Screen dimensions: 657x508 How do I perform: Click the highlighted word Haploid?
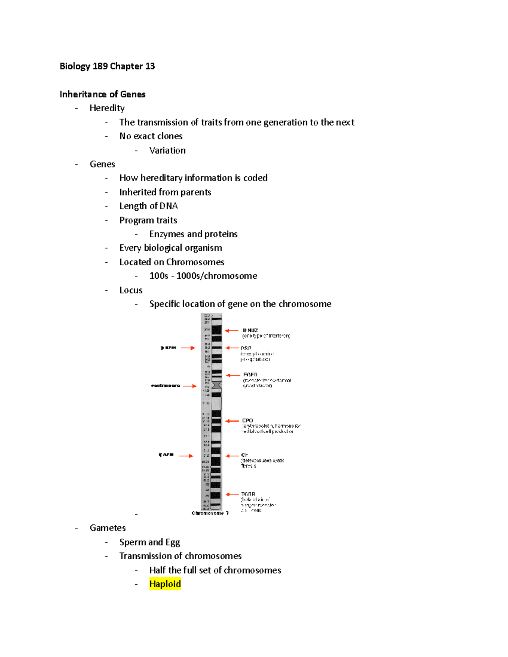(165, 584)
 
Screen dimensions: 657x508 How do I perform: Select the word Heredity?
(107, 108)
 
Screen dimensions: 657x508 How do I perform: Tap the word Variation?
(167, 151)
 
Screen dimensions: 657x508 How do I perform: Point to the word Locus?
(131, 290)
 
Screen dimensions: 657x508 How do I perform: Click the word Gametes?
(108, 528)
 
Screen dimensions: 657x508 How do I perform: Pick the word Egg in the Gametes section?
(173, 542)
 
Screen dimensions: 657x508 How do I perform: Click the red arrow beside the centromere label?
(190, 386)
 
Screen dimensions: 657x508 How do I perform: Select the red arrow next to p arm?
(188, 348)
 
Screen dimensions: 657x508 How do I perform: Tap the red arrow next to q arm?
(186, 456)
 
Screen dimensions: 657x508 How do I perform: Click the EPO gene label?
(248, 421)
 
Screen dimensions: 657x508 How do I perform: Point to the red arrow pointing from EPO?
(232, 421)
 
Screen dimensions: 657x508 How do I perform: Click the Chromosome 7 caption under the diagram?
(210, 513)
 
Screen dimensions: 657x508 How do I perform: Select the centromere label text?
(166, 386)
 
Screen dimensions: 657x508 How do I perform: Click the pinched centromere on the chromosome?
(217, 385)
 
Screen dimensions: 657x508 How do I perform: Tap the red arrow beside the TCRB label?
(233, 494)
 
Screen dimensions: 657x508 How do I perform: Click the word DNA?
(168, 206)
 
